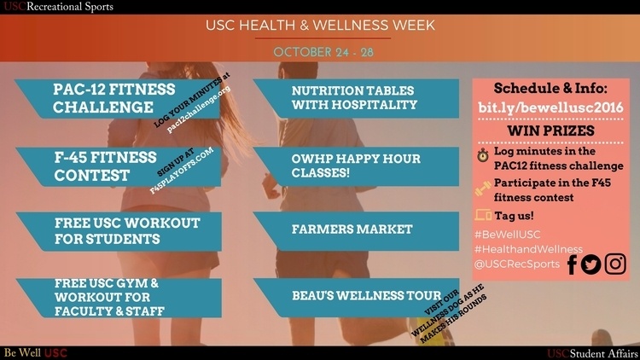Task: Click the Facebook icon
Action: coord(573,264)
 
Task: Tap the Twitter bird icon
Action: coord(591,264)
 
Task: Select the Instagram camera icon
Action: coord(615,264)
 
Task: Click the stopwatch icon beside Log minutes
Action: coord(483,155)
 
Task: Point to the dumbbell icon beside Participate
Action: coord(483,189)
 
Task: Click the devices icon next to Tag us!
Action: coord(483,215)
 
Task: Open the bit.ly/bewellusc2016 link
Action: coord(550,107)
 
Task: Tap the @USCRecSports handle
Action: coord(517,264)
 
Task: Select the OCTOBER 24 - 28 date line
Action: coord(323,52)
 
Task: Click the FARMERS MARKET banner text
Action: coord(352,229)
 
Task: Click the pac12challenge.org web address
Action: coord(199,109)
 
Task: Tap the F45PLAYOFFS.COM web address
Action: coord(181,171)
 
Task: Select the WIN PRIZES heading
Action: coord(550,131)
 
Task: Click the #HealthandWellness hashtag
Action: coord(528,249)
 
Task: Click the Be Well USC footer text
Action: coord(36,353)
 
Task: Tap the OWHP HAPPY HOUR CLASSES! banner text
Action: coord(356,165)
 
